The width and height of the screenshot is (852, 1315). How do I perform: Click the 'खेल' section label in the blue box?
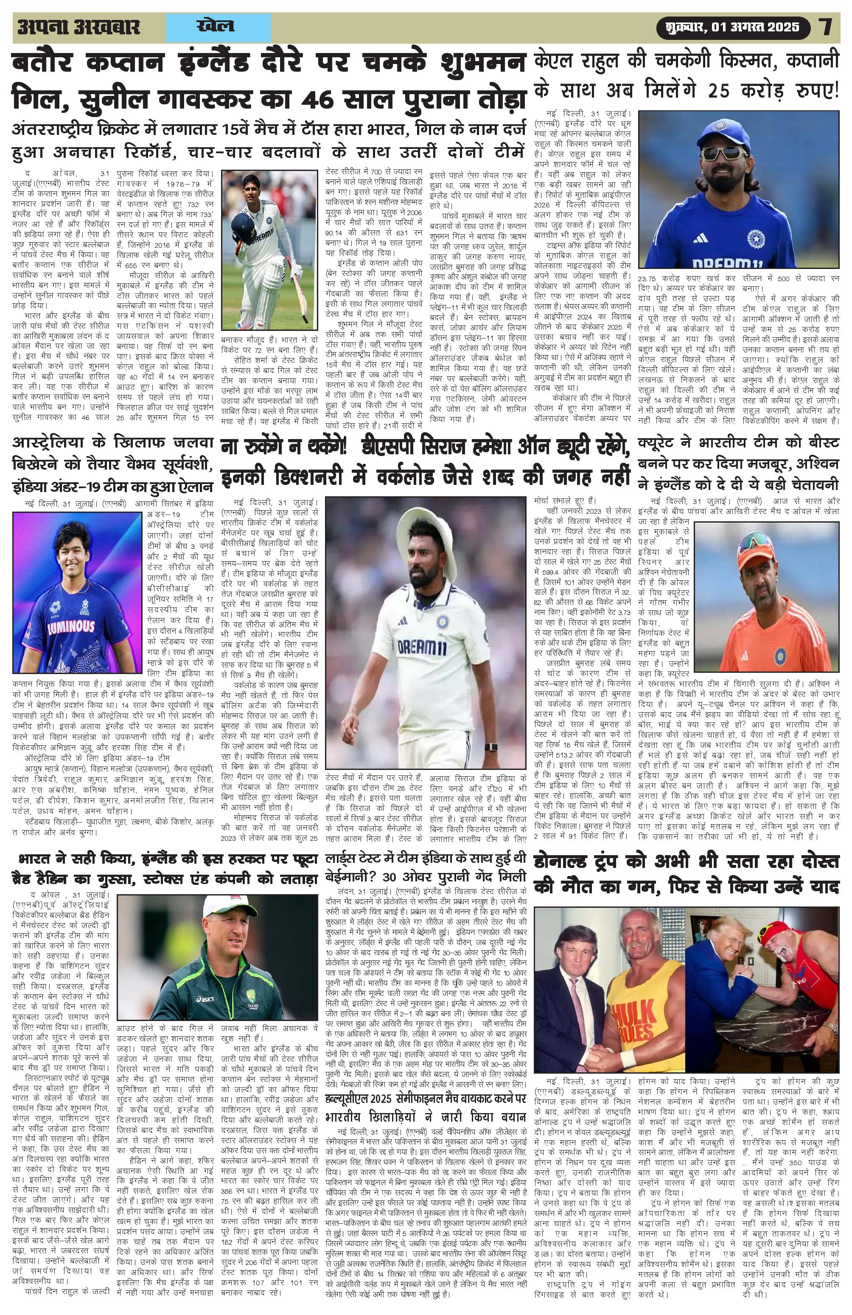point(215,26)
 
